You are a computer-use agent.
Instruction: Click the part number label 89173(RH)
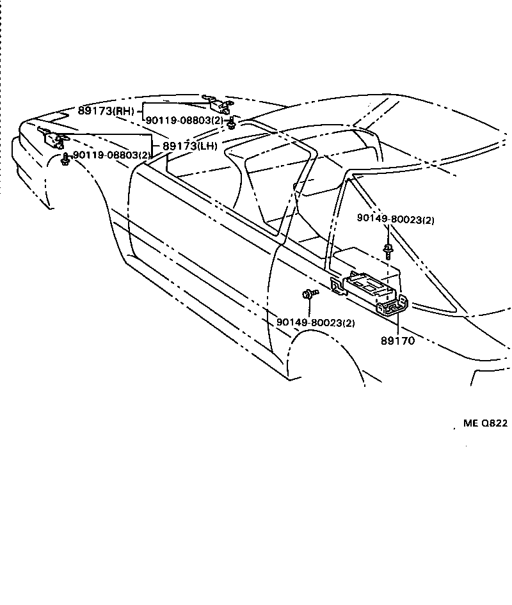tap(106, 111)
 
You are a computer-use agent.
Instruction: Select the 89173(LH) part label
tap(189, 146)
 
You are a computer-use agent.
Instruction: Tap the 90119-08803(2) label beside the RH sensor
tap(184, 120)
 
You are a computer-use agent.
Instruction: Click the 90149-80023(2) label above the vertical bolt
tap(396, 219)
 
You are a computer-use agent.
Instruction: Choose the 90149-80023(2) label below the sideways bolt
tap(316, 323)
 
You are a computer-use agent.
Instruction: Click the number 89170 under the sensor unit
tap(397, 341)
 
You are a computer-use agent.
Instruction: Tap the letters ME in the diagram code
tap(470, 423)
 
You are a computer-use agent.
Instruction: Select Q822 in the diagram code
tap(494, 423)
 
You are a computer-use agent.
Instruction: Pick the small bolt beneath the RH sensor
tap(233, 122)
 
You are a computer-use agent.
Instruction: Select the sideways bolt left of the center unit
tap(309, 294)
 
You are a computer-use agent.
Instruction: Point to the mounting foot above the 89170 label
tap(391, 308)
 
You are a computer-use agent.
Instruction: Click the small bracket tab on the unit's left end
tap(335, 285)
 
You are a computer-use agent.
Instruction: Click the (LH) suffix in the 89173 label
tap(207, 146)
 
